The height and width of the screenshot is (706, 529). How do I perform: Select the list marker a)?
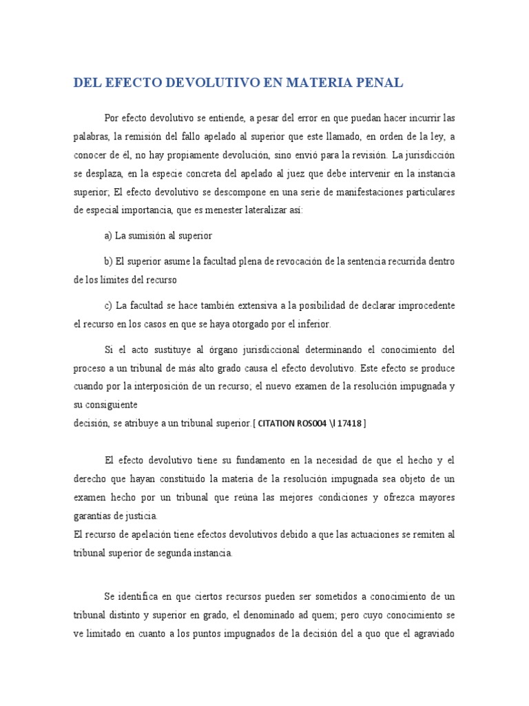click(108, 236)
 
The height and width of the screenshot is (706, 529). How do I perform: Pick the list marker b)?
click(108, 262)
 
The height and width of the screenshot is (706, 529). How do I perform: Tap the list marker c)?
click(108, 305)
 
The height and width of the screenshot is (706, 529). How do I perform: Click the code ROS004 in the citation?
click(318, 424)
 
